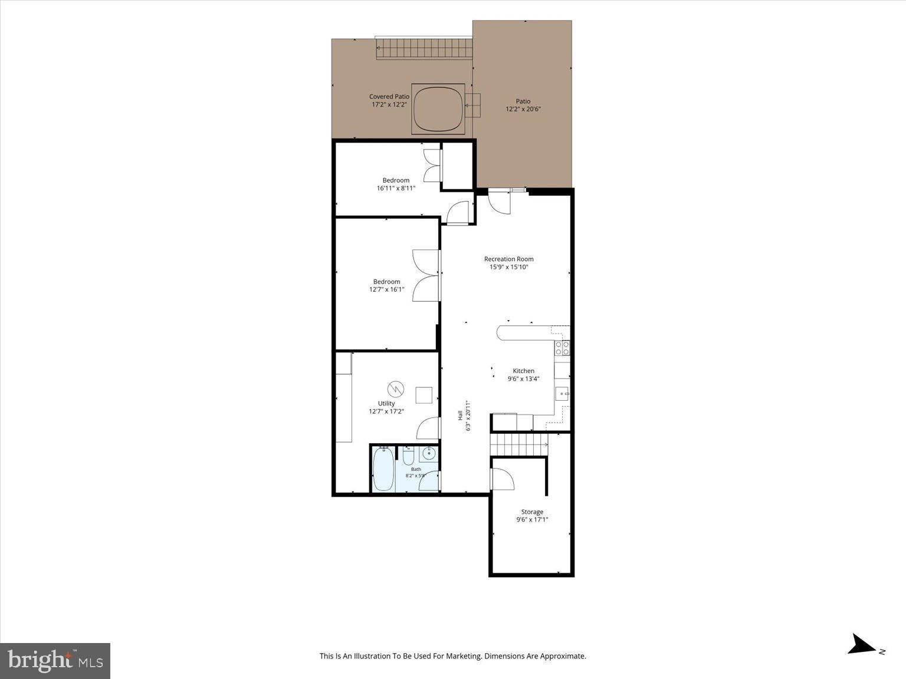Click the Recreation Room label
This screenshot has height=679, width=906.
(508, 259)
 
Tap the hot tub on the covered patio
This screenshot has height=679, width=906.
(438, 109)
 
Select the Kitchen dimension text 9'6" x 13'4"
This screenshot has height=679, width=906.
(523, 378)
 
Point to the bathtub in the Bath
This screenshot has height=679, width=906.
(384, 470)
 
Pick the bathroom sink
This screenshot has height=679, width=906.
(429, 453)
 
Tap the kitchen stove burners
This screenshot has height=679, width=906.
(562, 348)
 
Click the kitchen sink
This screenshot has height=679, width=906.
(562, 394)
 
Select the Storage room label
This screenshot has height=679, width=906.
(532, 512)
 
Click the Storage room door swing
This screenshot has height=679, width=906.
(503, 479)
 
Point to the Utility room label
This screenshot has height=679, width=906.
(386, 403)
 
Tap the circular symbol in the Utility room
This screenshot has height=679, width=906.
(395, 389)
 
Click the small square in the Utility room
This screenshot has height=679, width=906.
(424, 395)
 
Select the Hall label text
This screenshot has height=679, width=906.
(460, 416)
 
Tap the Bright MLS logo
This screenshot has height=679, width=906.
(55, 661)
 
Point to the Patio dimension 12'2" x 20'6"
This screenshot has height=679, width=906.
(523, 109)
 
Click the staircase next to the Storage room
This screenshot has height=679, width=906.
(518, 445)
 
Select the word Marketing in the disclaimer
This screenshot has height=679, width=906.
(464, 656)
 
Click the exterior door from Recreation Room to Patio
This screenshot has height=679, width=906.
(499, 202)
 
